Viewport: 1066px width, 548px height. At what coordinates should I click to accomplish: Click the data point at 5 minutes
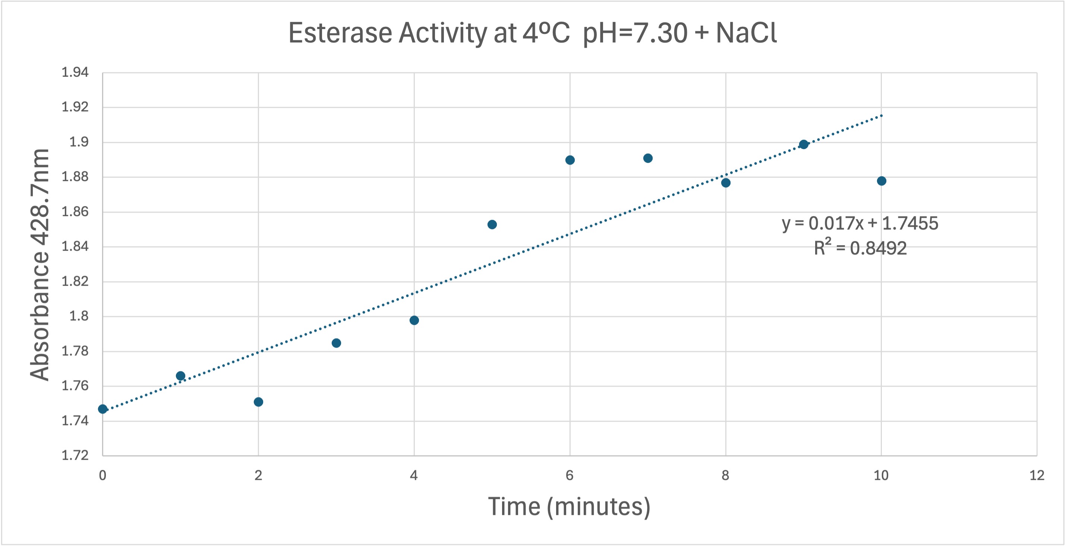[492, 225]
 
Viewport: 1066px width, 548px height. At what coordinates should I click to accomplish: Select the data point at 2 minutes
[258, 402]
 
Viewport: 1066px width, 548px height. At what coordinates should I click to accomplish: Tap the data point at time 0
[102, 409]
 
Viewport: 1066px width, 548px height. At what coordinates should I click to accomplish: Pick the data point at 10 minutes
[881, 181]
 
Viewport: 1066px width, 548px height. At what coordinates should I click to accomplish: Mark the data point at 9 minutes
[804, 144]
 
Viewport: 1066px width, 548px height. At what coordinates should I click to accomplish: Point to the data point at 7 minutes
[648, 158]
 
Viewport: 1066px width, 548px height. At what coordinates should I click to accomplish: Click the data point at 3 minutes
[337, 343]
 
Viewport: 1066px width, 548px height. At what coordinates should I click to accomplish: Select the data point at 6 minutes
[570, 160]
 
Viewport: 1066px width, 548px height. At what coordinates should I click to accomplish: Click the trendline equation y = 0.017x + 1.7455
[860, 224]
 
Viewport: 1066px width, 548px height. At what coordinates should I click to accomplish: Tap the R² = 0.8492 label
[860, 248]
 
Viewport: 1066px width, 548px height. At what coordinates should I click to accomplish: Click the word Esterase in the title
[340, 33]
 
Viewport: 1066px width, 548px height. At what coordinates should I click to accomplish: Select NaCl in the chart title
[746, 33]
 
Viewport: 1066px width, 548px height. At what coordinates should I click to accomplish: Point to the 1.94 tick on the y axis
[75, 72]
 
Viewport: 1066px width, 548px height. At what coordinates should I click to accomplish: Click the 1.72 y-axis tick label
[75, 455]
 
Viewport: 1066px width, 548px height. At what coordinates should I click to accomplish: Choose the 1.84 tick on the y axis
[75, 247]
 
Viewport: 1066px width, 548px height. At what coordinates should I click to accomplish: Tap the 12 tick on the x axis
[1037, 476]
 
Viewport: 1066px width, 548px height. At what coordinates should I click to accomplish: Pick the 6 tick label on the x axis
[570, 476]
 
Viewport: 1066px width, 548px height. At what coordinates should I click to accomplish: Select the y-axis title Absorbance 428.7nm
[40, 265]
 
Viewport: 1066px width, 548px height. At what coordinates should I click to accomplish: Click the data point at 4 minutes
[414, 320]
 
